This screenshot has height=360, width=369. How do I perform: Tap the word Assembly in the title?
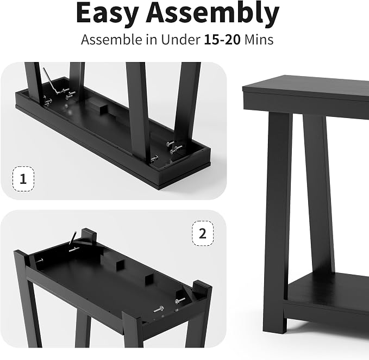pos(212,14)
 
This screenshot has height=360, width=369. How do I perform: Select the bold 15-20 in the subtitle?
pos(222,39)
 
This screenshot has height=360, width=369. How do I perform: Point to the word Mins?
pos(259,39)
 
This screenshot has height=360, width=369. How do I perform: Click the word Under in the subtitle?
pos(180,39)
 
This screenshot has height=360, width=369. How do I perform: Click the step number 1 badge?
pos(23,179)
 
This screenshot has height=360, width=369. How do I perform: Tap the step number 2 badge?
pos(203,233)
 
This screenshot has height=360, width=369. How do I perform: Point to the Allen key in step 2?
pos(73,238)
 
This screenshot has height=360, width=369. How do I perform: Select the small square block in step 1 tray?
pos(104,109)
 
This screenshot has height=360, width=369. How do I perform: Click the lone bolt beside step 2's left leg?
pos(40,260)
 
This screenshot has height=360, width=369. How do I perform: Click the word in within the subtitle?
pos(152,39)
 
